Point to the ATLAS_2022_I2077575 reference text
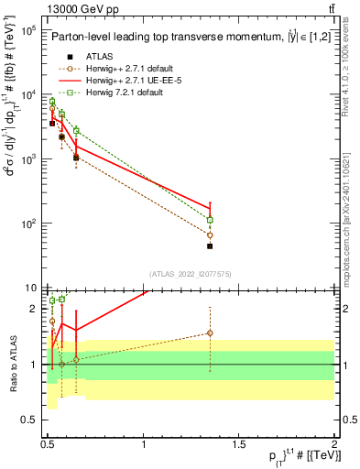tap(191, 274)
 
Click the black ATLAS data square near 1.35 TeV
tap(210, 245)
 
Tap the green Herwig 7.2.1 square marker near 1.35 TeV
tap(210, 220)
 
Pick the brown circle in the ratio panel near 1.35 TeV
tap(210, 333)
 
